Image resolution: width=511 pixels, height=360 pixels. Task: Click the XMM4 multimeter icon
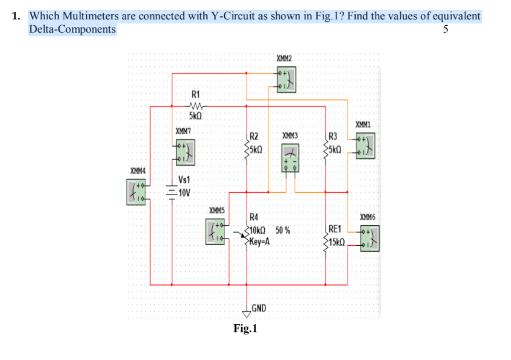(x=136, y=192)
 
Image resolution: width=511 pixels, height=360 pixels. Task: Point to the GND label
(x=258, y=308)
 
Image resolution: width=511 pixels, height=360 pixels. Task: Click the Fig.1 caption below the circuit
(x=245, y=328)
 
